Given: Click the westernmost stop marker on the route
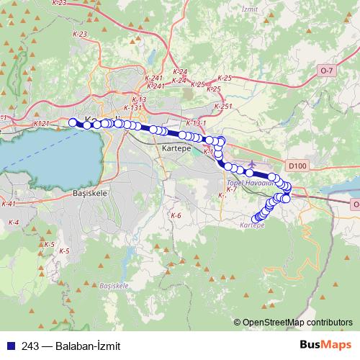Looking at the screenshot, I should (72, 122).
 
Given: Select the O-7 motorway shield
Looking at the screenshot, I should (327, 70).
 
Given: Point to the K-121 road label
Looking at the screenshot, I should (42, 124).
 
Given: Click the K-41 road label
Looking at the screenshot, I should (9, 204).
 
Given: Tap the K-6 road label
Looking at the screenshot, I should (176, 215).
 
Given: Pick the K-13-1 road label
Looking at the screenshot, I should (196, 123).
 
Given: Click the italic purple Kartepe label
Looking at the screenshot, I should (252, 225).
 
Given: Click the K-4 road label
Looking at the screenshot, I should (14, 221).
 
